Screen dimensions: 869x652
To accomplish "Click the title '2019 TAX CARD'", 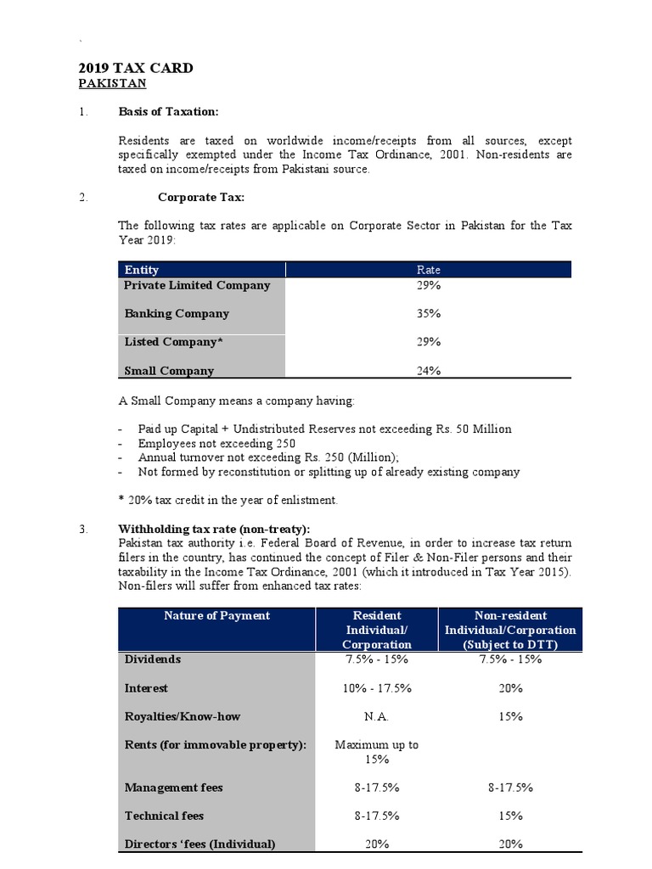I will tap(136, 68).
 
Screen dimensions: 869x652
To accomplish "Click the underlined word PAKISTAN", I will tap(112, 83).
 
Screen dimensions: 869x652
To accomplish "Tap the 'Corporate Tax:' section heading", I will tap(201, 197).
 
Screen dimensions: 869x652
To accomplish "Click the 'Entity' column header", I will tap(142, 270).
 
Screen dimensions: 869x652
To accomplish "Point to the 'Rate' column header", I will tap(428, 270).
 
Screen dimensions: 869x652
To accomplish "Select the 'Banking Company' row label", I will tap(177, 313).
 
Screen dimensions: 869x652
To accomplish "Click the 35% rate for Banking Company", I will tap(428, 313).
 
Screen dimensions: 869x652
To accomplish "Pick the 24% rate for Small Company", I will tap(428, 371).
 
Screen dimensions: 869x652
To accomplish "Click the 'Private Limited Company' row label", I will tap(197, 285).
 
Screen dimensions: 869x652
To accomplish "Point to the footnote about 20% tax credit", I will tap(228, 500).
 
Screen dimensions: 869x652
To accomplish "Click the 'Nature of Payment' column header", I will tap(216, 615).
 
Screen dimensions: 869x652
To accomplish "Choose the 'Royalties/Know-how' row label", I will tap(182, 716).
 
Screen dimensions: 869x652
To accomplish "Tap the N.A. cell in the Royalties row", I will tap(377, 716).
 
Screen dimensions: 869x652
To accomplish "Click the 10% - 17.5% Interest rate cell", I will tap(377, 688).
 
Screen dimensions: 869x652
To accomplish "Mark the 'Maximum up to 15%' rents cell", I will tap(377, 752).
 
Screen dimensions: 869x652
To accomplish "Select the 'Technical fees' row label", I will tap(164, 816).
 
